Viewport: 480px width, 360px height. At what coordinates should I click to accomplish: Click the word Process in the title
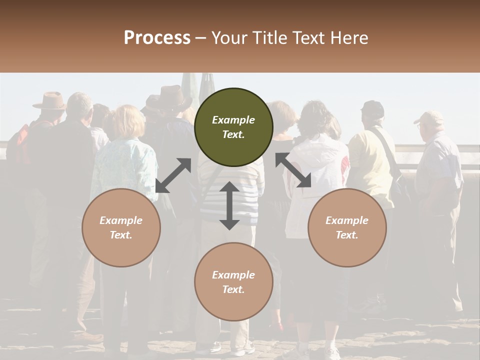pyautogui.click(x=157, y=38)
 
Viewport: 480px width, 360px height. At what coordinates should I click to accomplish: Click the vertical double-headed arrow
pyautogui.click(x=229, y=205)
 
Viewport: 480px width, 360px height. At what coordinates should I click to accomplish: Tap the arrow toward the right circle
pyautogui.click(x=293, y=170)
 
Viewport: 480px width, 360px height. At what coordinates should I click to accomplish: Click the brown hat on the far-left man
pyautogui.click(x=49, y=100)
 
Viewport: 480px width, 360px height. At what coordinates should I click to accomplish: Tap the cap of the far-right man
pyautogui.click(x=428, y=117)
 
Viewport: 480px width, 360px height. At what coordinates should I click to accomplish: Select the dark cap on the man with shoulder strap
pyautogui.click(x=372, y=107)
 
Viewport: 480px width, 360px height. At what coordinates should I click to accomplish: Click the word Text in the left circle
pyautogui.click(x=121, y=235)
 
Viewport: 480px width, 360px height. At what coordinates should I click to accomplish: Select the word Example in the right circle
pyautogui.click(x=347, y=220)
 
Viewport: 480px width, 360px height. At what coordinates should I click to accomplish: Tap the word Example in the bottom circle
pyautogui.click(x=233, y=275)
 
